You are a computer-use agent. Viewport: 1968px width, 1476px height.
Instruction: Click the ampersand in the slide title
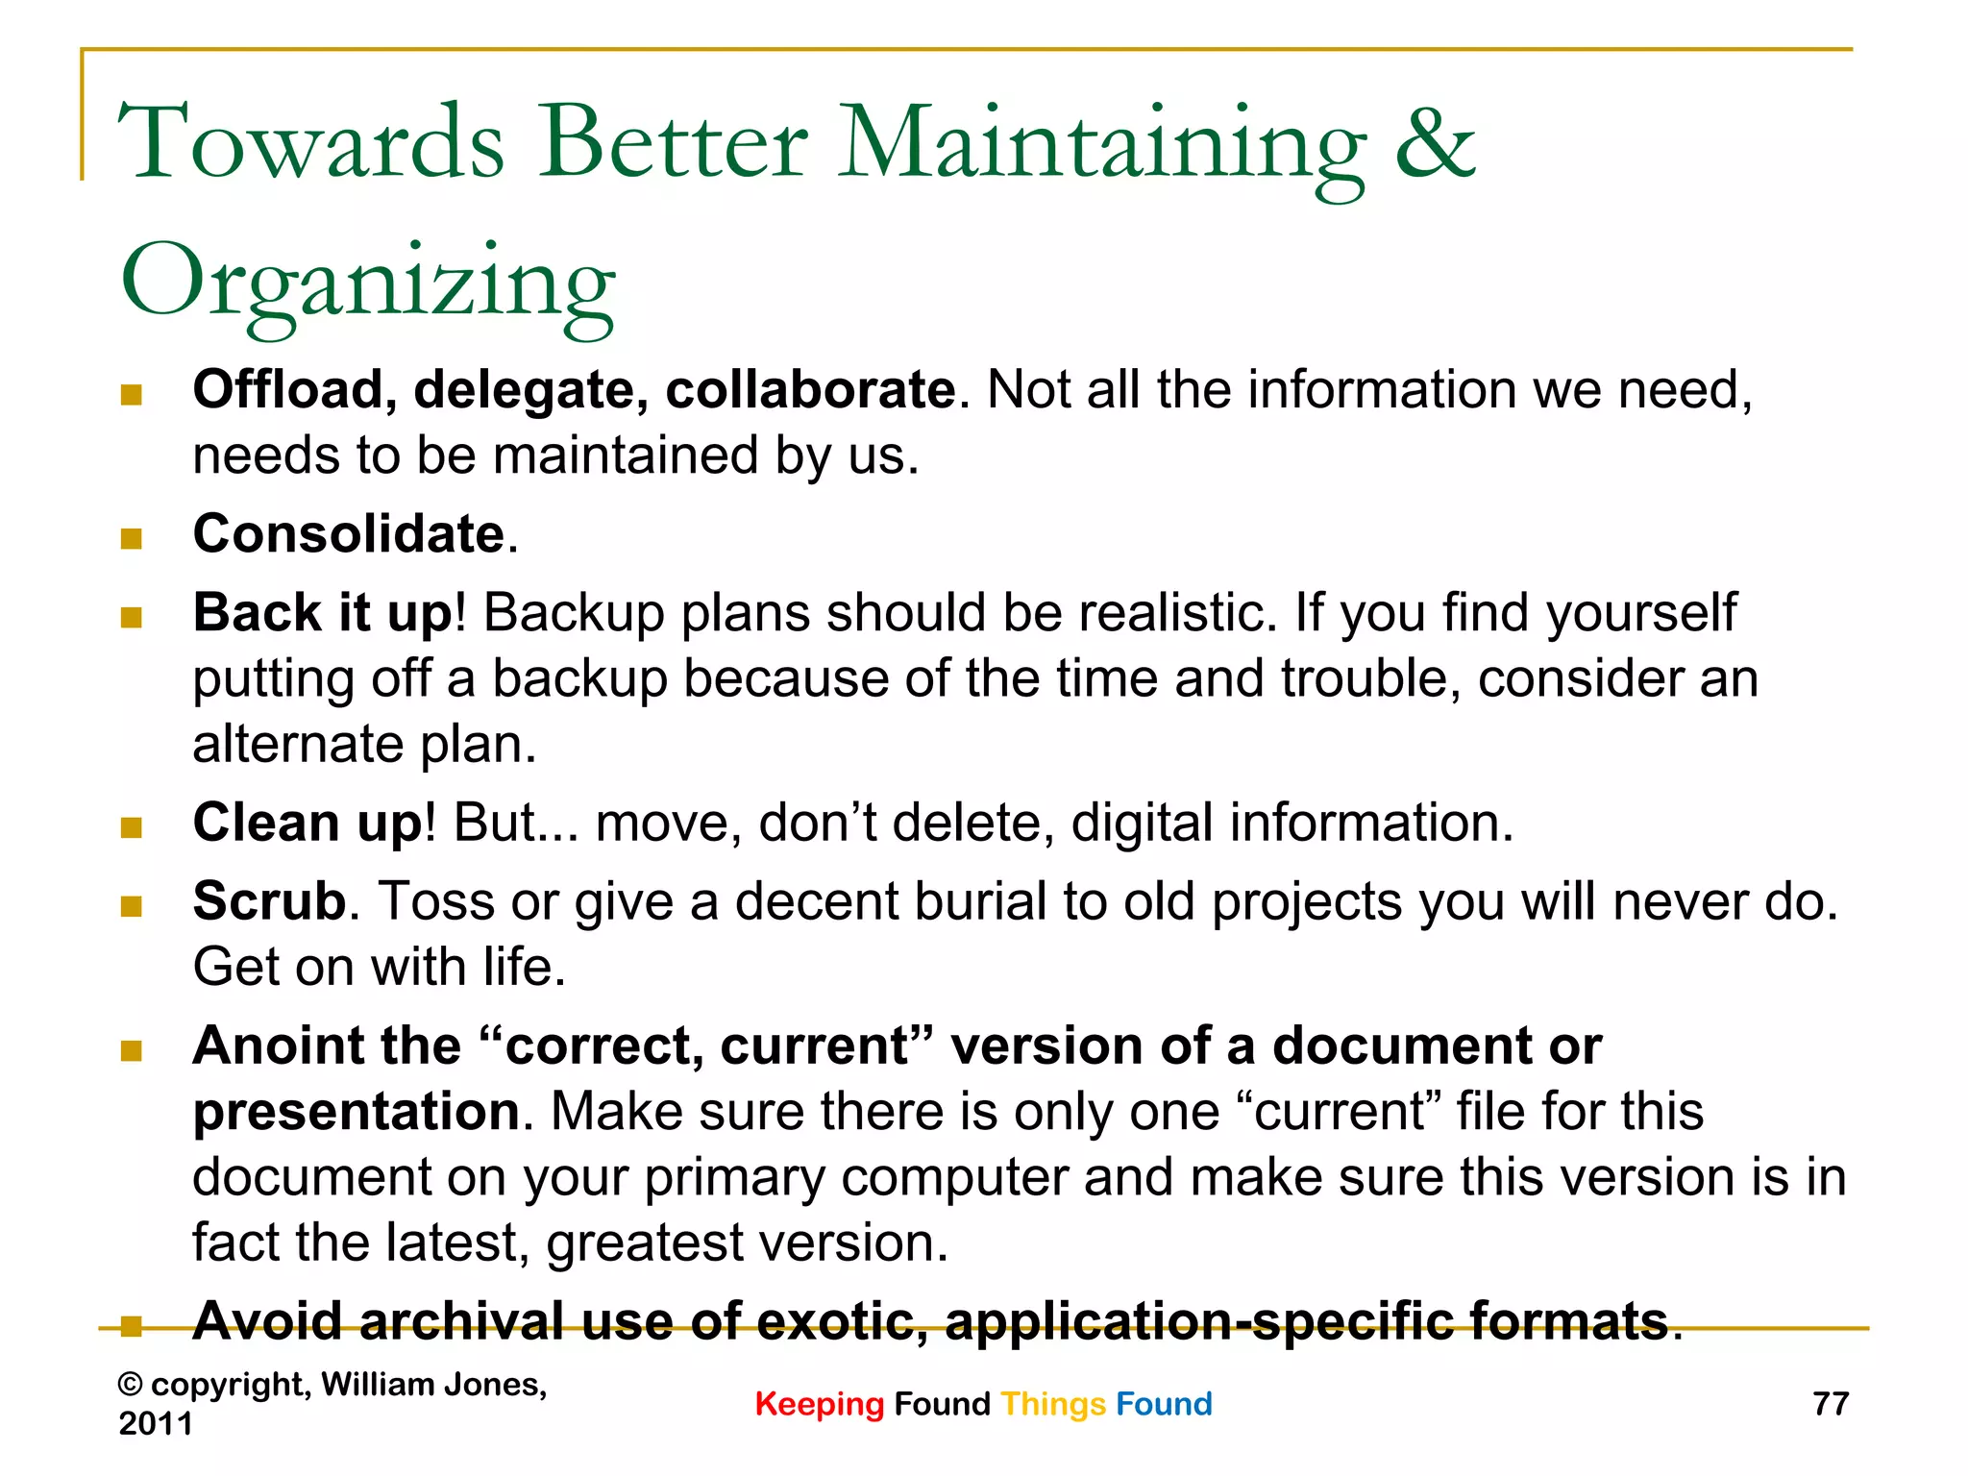coord(1434,144)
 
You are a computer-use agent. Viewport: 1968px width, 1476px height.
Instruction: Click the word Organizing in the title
coord(368,283)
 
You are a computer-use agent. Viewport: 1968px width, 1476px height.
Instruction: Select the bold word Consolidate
coord(349,534)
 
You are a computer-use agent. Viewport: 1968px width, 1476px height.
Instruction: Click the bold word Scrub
coord(269,901)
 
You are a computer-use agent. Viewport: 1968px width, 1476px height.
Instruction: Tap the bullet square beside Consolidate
coord(132,538)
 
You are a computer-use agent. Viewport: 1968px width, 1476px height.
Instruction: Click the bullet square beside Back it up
coord(132,617)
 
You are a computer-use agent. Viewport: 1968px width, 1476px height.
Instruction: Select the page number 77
coord(1830,1404)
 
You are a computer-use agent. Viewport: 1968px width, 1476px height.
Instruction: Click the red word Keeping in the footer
coord(819,1405)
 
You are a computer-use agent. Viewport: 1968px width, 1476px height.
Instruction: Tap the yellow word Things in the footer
coord(1053,1405)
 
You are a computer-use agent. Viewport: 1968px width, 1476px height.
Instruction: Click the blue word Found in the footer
coord(1164,1404)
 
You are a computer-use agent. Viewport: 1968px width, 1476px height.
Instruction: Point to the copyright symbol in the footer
coord(131,1385)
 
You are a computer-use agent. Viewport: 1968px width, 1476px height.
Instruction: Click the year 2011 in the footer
coord(156,1423)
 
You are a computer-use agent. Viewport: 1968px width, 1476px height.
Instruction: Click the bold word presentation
coord(357,1112)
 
